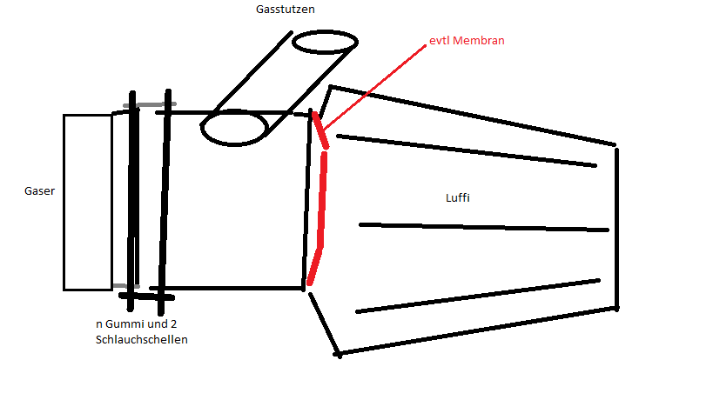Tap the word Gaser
pyautogui.click(x=39, y=190)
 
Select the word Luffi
pyautogui.click(x=458, y=197)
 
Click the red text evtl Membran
pyautogui.click(x=467, y=40)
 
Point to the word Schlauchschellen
pyautogui.click(x=142, y=339)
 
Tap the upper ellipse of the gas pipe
pyautogui.click(x=324, y=43)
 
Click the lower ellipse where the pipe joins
pyautogui.click(x=234, y=129)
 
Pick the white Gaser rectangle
pyautogui.click(x=87, y=202)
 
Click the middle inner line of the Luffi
pyautogui.click(x=483, y=227)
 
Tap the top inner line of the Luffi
pyautogui.click(x=466, y=150)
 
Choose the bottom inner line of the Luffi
pyautogui.click(x=477, y=296)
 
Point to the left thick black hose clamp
pyautogui.click(x=132, y=200)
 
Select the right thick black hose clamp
pyautogui.click(x=165, y=200)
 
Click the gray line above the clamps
pyautogui.click(x=150, y=105)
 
